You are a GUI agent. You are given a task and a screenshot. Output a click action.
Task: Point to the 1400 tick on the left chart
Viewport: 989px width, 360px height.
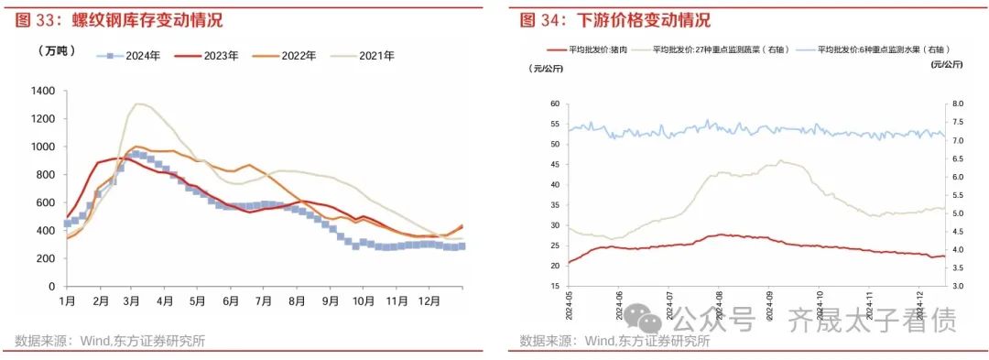pos(43,91)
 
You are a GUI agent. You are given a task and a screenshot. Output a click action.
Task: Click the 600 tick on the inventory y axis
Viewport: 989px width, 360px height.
pos(46,202)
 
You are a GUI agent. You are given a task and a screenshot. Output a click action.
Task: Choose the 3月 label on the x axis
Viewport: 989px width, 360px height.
pos(133,301)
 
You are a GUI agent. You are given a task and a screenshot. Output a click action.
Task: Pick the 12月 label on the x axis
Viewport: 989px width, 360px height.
pos(427,301)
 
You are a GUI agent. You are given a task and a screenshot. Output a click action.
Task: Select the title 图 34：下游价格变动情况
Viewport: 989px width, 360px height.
pos(615,20)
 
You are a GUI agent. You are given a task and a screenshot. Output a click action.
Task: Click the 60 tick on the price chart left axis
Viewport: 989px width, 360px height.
pos(555,104)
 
